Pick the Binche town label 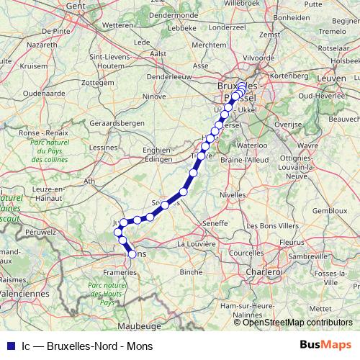click(192, 272)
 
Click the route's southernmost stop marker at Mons click(132, 253)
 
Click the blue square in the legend click(9, 346)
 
